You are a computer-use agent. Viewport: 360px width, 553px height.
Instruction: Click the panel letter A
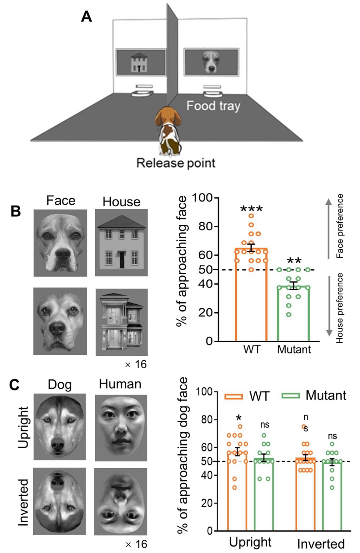pos(86,16)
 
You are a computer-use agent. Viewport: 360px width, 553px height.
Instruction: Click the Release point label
pos(176,163)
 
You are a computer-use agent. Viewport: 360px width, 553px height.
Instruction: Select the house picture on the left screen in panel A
pos(139,62)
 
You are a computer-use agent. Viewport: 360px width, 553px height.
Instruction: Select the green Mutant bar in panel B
pos(294,314)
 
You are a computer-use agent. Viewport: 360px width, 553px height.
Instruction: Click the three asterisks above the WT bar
pos(251,209)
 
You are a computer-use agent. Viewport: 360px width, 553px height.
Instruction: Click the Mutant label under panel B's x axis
pos(294,349)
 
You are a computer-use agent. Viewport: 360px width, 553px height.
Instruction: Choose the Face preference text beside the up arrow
pos(340,226)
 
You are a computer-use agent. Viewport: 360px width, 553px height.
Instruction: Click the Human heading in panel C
pos(120,384)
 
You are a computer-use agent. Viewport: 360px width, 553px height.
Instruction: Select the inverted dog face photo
pos(60,501)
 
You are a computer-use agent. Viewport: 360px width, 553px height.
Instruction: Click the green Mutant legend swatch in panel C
pos(291,395)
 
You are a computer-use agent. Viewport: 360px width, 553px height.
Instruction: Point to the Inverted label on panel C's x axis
pos(320,544)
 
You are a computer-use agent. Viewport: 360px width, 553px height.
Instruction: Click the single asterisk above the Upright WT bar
pos(239,418)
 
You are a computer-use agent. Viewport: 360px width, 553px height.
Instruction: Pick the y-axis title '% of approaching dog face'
pos(183,455)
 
